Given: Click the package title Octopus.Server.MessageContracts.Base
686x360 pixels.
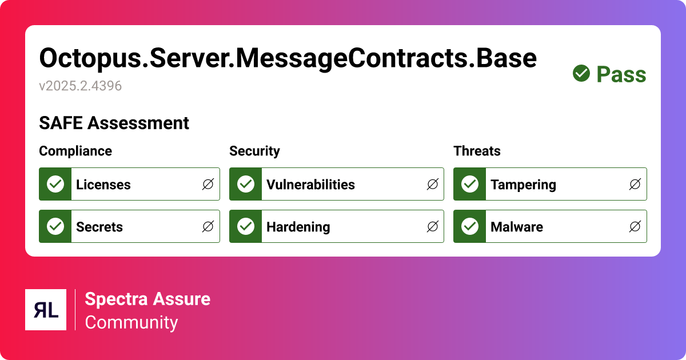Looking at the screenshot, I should pyautogui.click(x=288, y=58).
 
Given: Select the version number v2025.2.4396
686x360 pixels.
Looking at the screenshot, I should pyautogui.click(x=80, y=86).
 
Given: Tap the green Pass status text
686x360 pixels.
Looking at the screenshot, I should pyautogui.click(x=621, y=74).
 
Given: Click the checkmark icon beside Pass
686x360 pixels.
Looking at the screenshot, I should pyautogui.click(x=581, y=73).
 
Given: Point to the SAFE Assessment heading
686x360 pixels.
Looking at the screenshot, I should pyautogui.click(x=114, y=123).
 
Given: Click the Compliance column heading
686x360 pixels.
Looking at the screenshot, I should pyautogui.click(x=75, y=151).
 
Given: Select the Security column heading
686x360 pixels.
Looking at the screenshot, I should pyautogui.click(x=254, y=151).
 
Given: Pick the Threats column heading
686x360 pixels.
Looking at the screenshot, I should pyautogui.click(x=477, y=151).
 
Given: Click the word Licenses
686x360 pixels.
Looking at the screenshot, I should pyautogui.click(x=103, y=185).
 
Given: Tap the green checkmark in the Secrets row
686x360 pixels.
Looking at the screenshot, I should pyautogui.click(x=55, y=226).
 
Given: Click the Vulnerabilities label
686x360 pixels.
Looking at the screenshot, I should pyautogui.click(x=310, y=185).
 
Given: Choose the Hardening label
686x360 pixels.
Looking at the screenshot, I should pyautogui.click(x=298, y=227).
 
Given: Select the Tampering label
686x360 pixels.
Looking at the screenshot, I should pyautogui.click(x=523, y=185).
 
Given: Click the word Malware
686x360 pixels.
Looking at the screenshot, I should pyautogui.click(x=517, y=227).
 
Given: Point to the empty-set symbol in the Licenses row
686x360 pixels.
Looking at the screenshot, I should pyautogui.click(x=208, y=184).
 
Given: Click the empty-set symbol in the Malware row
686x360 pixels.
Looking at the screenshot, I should pyautogui.click(x=635, y=227).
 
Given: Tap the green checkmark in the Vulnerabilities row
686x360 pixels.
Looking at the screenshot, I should pyautogui.click(x=246, y=184).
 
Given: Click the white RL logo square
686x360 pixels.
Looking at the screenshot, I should pyautogui.click(x=46, y=310).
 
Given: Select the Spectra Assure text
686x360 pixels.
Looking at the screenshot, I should pyautogui.click(x=147, y=299).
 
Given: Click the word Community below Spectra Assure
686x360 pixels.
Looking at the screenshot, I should pyautogui.click(x=131, y=322).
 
